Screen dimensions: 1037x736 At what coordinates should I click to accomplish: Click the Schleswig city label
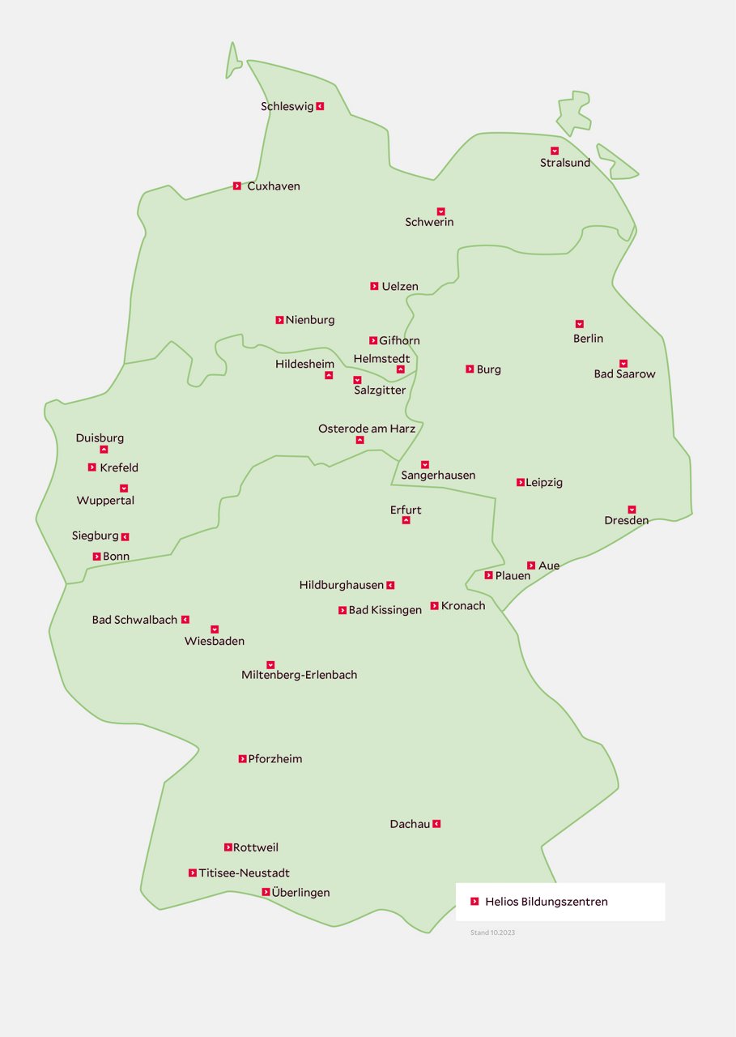[x=287, y=106]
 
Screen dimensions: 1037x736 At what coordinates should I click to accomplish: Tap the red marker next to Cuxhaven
[x=237, y=186]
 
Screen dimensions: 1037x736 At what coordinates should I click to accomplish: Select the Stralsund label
[x=565, y=163]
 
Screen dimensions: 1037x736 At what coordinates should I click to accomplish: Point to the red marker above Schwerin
[x=441, y=211]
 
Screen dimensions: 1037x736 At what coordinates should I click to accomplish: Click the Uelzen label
[x=400, y=287]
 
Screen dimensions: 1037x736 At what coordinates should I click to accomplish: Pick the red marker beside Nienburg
[x=279, y=320]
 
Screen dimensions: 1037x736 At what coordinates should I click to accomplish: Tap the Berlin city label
[x=588, y=339]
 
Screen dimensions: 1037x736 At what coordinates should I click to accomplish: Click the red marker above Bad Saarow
[x=623, y=364]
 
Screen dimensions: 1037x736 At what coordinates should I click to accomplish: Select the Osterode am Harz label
[x=367, y=429]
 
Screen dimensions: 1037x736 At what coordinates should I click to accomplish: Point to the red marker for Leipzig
[x=521, y=483]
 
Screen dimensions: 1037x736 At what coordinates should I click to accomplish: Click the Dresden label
[x=626, y=521]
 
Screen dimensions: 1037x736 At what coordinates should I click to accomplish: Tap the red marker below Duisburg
[x=104, y=450]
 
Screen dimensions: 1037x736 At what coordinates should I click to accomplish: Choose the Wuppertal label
[x=105, y=501]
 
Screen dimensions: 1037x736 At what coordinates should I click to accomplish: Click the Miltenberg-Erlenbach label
[x=299, y=675]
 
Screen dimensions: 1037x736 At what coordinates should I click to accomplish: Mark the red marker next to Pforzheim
[x=242, y=759]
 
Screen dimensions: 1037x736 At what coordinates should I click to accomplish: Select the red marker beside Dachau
[x=436, y=824]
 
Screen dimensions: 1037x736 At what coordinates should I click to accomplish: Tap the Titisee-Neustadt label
[x=244, y=873]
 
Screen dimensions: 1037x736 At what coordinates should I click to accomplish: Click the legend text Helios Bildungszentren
[x=547, y=902]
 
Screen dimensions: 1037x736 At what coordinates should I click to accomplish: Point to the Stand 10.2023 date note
[x=492, y=933]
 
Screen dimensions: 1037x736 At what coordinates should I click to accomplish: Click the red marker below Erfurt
[x=406, y=520]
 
